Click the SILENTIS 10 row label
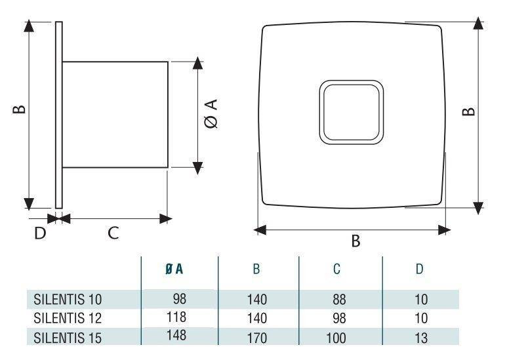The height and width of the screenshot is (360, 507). tap(68, 300)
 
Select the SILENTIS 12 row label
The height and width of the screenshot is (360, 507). tap(68, 319)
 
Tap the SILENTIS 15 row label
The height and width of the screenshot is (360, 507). tap(68, 338)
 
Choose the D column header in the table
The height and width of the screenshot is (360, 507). tap(419, 269)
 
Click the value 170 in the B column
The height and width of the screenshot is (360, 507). tap(258, 338)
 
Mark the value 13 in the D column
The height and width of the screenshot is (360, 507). tap(420, 338)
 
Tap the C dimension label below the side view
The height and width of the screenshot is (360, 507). tap(113, 233)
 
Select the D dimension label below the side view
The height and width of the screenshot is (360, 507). tap(41, 233)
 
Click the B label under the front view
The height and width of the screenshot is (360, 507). tap(355, 241)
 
